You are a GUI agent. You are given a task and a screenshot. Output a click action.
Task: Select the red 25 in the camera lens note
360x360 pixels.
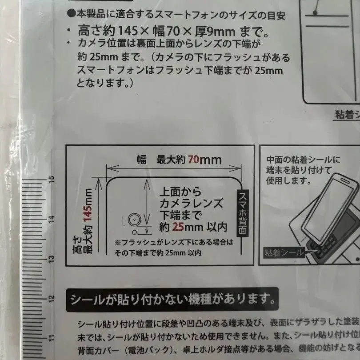[x=179, y=227]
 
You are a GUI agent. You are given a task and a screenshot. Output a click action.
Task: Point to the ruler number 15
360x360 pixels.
[x=52, y=180]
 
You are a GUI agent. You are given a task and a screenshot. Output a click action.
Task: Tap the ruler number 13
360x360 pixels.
[x=52, y=258]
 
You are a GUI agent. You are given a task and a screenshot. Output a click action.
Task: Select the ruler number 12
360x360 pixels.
[x=52, y=298]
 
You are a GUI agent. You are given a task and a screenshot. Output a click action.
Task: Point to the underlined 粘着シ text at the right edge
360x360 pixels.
[x=347, y=115]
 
